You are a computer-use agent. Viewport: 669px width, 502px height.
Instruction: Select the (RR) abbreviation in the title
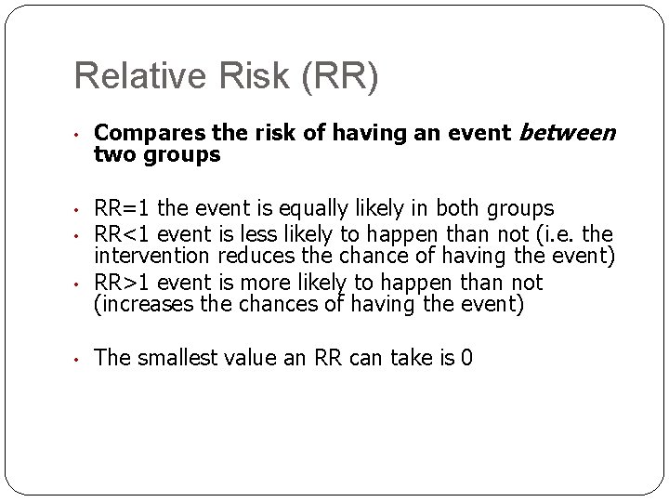338,77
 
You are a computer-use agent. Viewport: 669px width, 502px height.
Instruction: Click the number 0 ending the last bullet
466,357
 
